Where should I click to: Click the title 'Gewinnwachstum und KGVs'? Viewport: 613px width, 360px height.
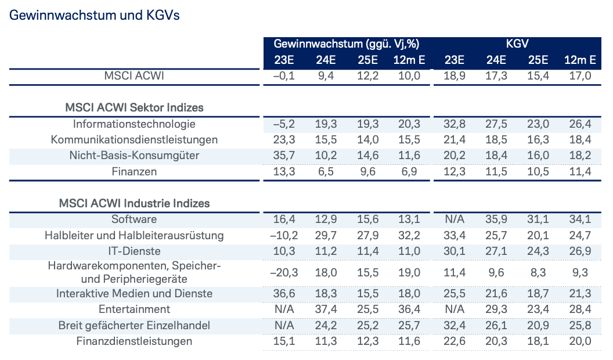point(95,16)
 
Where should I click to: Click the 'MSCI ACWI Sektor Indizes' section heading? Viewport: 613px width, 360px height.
point(134,107)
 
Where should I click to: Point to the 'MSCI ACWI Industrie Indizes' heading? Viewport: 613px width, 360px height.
point(134,203)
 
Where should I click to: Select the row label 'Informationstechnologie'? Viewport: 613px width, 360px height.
point(134,124)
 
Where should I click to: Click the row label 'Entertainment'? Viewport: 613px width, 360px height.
point(134,309)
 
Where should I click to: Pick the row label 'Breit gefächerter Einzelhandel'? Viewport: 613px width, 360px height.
point(134,325)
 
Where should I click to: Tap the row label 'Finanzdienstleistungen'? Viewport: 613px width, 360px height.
point(134,341)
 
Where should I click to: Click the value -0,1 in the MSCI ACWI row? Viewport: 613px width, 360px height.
point(283,76)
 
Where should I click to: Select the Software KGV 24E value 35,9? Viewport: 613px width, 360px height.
point(496,219)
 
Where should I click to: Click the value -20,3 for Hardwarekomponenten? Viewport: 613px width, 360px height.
point(283,273)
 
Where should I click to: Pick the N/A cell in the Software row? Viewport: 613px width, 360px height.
point(453,219)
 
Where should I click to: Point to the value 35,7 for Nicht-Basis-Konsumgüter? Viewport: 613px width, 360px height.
point(283,156)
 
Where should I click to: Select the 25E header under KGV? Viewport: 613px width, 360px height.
point(538,60)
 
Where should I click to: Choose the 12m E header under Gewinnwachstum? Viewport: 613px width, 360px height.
point(410,60)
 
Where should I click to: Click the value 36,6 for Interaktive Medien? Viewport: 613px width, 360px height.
point(283,293)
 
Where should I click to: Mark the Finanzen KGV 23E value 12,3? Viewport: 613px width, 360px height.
point(453,172)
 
